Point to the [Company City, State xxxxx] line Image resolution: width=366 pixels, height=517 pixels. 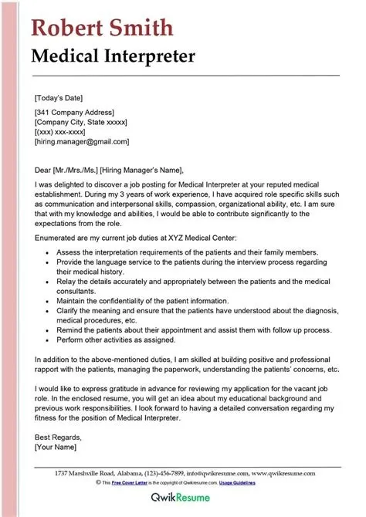82,123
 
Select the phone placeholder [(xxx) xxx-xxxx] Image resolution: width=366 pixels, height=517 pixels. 66,132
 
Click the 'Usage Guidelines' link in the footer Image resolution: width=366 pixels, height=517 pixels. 261,482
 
